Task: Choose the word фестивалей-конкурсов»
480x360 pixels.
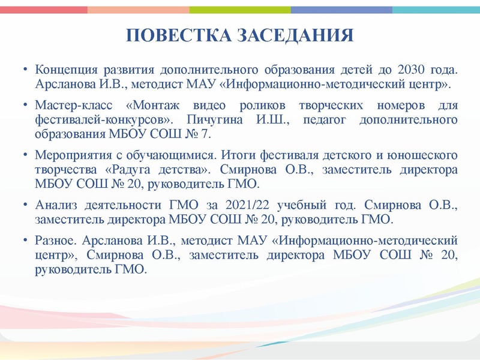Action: (99, 119)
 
